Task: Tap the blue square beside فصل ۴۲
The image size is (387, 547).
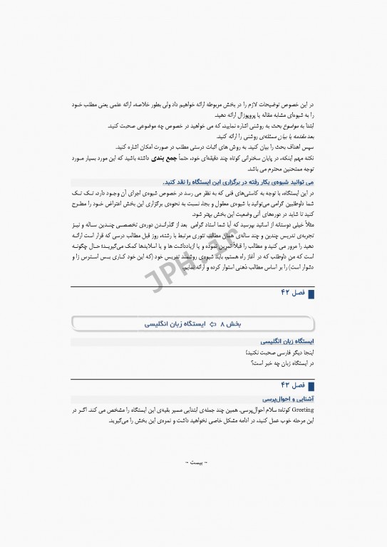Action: tap(311, 293)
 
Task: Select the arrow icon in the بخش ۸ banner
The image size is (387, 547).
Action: tap(213, 324)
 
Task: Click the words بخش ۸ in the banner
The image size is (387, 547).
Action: tap(231, 324)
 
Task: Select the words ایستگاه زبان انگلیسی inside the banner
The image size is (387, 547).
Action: tap(175, 324)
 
